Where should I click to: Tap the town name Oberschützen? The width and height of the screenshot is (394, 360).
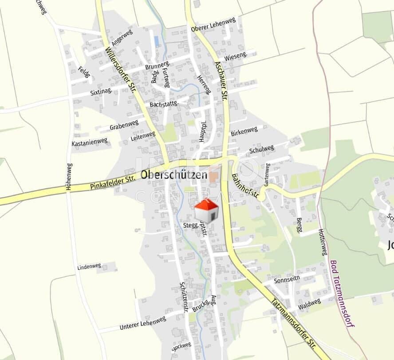click(x=173, y=175)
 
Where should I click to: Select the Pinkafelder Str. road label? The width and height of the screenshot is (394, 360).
click(x=113, y=182)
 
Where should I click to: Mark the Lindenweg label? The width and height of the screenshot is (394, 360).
click(x=89, y=267)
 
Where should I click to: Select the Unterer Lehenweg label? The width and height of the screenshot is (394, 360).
click(x=142, y=323)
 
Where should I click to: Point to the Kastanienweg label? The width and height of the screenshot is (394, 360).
click(x=90, y=142)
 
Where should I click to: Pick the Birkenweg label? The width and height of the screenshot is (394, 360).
click(x=244, y=131)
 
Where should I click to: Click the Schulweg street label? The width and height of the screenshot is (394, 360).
click(x=262, y=149)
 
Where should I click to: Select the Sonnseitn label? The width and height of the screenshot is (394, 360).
click(x=287, y=281)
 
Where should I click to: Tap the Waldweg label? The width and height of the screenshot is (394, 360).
click(x=309, y=304)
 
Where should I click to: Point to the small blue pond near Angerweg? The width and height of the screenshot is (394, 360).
click(x=156, y=41)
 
